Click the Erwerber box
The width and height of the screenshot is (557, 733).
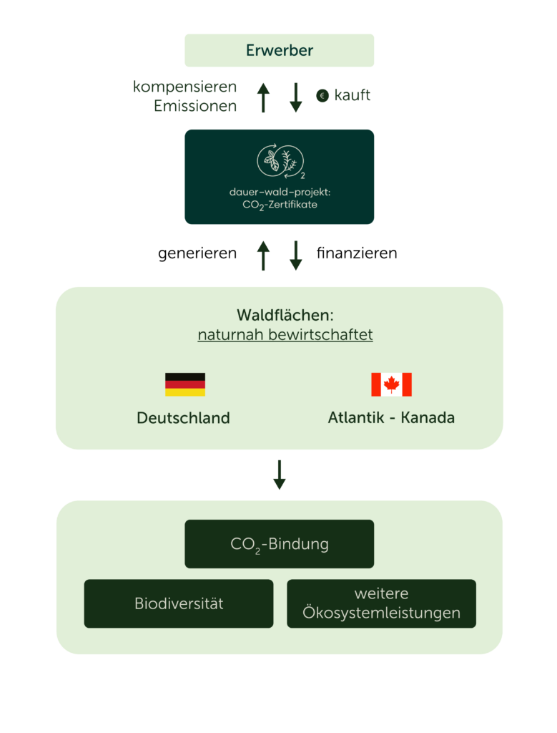coord(280,50)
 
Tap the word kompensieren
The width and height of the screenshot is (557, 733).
coord(185,87)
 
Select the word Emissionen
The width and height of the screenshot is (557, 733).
coord(195,107)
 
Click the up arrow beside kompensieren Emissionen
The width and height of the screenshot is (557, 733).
coord(263,97)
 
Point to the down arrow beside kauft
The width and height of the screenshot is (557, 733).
coord(296,97)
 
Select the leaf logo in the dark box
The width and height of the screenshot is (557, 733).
coord(280,161)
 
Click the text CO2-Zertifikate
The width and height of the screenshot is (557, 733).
coord(280,205)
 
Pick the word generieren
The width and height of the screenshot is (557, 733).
coord(197,254)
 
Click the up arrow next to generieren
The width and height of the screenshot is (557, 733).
coord(263,255)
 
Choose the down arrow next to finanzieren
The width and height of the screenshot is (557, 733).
coord(296,255)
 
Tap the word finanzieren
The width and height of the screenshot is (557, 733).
coord(357,254)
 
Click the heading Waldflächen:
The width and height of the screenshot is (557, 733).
coord(285,315)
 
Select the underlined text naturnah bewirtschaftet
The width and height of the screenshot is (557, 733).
coord(285,335)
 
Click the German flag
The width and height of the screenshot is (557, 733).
coord(185,384)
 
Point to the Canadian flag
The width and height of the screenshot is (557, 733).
coord(391,384)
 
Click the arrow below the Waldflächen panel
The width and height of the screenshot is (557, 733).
coord(280,475)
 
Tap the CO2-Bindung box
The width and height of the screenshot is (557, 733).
coord(280,544)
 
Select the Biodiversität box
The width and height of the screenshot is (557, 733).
coord(179,603)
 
